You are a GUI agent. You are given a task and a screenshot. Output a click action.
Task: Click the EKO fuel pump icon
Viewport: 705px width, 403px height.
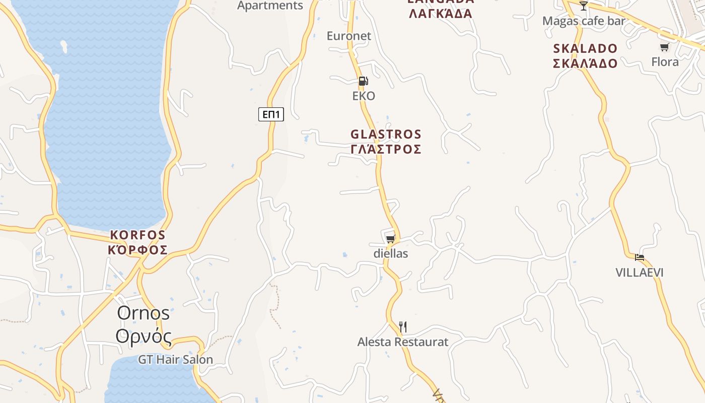click(363, 81)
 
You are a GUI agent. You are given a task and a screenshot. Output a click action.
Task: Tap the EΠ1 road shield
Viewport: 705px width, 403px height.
click(271, 114)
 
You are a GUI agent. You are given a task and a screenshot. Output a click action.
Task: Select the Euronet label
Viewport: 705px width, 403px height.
click(348, 36)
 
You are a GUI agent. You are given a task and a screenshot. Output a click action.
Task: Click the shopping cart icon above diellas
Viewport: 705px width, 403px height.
click(390, 239)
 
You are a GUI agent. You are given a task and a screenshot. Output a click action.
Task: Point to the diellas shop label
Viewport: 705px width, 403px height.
click(391, 253)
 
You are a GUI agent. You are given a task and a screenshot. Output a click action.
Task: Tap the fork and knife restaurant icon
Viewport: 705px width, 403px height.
click(402, 327)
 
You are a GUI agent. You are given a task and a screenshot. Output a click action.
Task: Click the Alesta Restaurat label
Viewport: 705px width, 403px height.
click(402, 342)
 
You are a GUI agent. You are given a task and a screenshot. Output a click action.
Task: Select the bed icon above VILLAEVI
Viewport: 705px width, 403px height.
click(640, 257)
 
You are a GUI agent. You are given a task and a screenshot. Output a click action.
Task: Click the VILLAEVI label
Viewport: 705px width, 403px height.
click(640, 273)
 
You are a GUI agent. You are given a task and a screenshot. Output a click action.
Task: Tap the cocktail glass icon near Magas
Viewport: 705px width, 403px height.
click(584, 6)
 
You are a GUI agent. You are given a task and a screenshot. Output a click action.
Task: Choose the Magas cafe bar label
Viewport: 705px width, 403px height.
click(584, 21)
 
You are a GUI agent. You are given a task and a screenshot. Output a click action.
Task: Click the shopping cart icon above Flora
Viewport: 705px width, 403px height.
click(665, 47)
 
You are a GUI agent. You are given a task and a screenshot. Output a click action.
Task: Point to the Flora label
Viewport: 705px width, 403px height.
click(665, 62)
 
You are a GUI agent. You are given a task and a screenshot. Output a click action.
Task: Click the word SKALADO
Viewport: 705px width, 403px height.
click(585, 48)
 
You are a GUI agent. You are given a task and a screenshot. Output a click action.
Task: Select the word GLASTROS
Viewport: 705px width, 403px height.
click(386, 135)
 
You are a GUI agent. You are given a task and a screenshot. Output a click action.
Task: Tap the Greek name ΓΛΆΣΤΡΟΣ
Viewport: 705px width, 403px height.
click(386, 149)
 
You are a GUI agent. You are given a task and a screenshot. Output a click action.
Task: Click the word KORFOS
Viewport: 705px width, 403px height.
click(137, 235)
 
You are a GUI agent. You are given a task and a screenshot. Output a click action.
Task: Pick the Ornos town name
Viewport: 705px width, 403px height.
click(144, 313)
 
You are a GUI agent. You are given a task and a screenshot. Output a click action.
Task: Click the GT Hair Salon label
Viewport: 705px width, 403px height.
click(175, 360)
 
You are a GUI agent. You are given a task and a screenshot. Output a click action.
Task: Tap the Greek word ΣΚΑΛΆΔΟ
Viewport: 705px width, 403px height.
click(585, 63)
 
